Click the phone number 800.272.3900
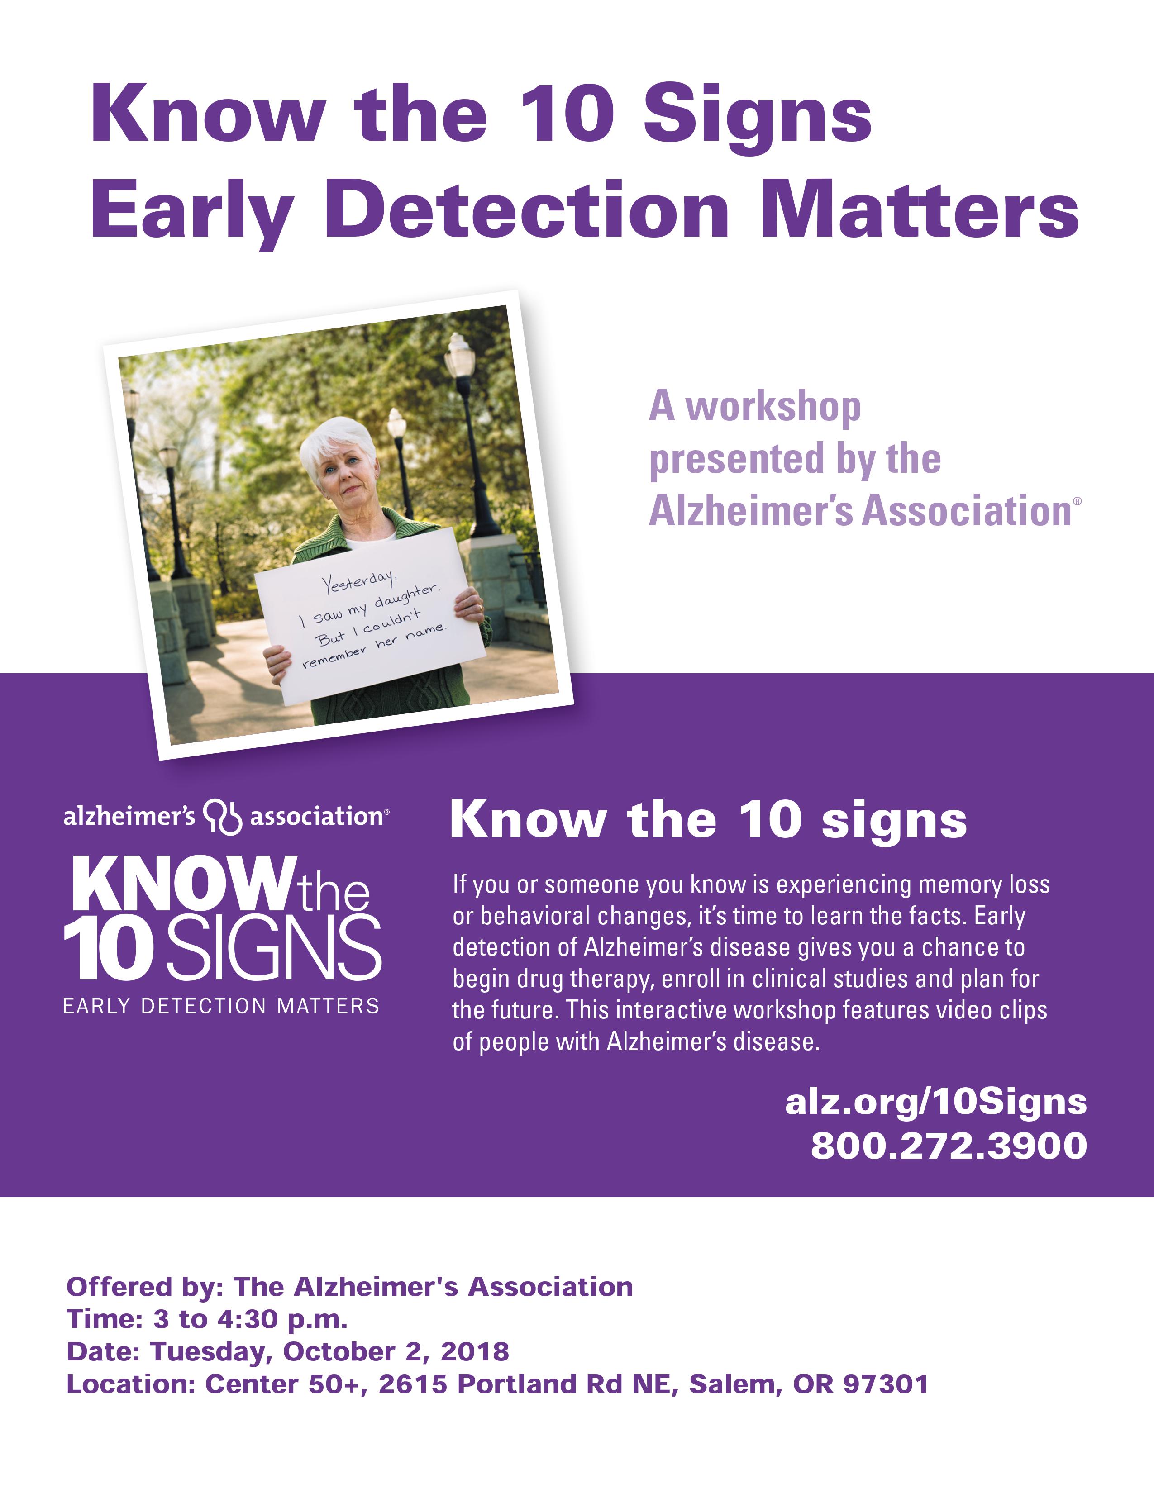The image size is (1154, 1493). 949,1145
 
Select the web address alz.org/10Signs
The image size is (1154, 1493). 936,1102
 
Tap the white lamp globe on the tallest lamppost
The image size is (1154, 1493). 459,352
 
